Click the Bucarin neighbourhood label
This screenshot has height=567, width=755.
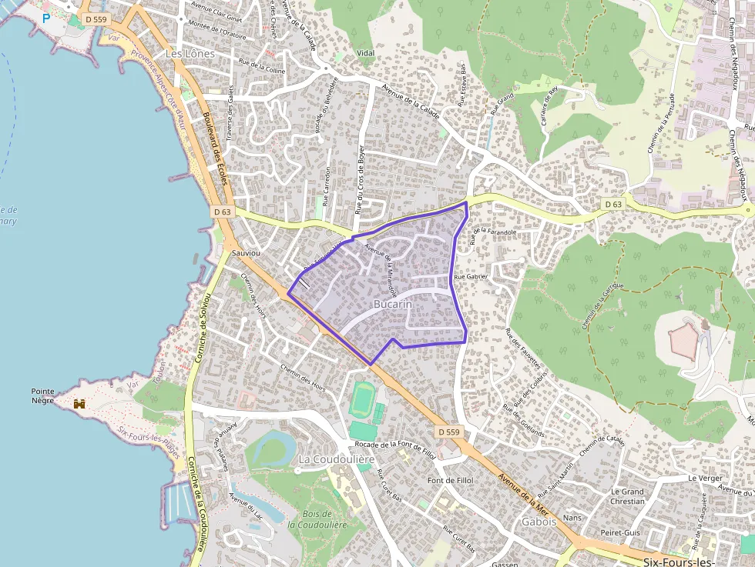click(x=393, y=305)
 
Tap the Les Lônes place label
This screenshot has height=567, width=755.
click(x=190, y=54)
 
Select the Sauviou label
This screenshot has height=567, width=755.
click(x=245, y=252)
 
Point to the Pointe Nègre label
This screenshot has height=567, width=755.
click(x=43, y=395)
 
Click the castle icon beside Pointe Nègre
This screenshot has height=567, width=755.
click(x=79, y=403)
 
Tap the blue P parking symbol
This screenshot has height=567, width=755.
click(x=46, y=18)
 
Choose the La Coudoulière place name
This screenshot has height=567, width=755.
click(x=336, y=459)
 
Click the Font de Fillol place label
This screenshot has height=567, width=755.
click(x=451, y=481)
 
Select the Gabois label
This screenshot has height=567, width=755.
click(x=539, y=521)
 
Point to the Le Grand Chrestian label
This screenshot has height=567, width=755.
click(x=627, y=496)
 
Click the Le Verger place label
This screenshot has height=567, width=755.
click(x=706, y=478)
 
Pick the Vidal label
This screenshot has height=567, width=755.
click(x=366, y=52)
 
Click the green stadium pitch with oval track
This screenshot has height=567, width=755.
click(x=361, y=401)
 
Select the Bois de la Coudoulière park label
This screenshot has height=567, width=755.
click(x=317, y=519)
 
